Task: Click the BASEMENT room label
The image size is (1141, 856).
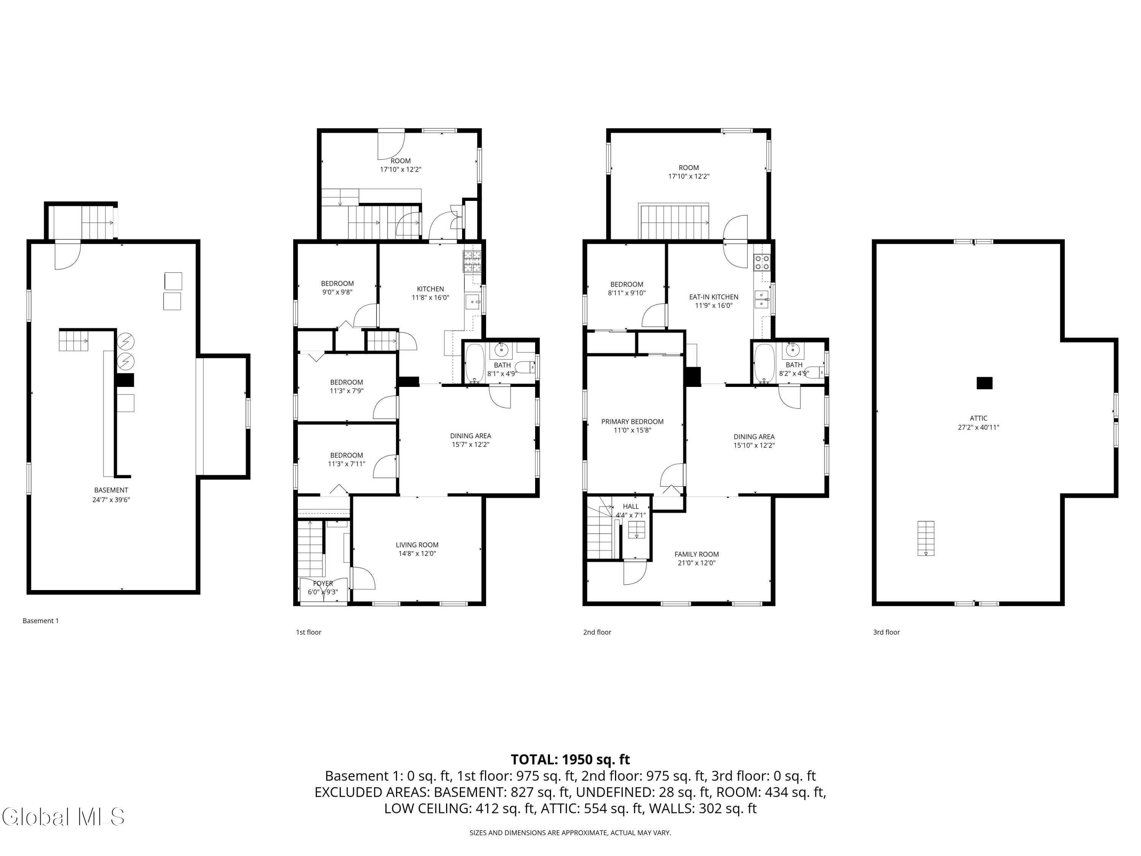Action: coord(111,490)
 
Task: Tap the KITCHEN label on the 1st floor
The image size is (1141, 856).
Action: coord(430,289)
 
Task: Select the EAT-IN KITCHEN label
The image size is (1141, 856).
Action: coord(714,297)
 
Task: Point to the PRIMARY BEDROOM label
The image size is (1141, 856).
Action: coord(632,422)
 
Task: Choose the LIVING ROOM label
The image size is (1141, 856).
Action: coord(417,545)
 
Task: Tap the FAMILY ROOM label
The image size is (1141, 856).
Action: coord(696,554)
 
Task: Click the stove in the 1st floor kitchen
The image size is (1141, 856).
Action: coord(472,261)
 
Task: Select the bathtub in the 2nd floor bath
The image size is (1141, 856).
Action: coord(764,364)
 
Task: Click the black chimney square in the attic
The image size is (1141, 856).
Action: coord(984,383)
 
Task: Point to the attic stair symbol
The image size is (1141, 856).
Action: coord(926,538)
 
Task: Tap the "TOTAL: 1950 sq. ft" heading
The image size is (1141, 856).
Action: coord(570,759)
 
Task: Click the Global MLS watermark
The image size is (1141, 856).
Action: coord(63,816)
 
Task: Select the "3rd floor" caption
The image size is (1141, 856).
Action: coord(886,632)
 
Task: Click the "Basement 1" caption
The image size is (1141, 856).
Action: coord(41,621)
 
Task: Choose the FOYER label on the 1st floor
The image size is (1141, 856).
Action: coord(323,584)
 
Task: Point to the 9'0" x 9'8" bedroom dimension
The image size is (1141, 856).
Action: coord(337,292)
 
